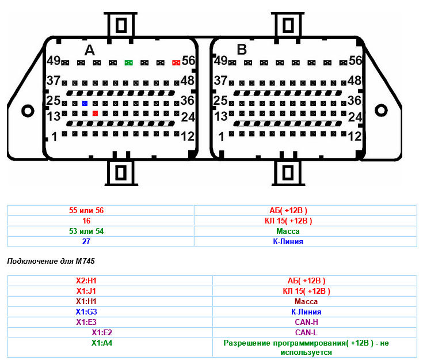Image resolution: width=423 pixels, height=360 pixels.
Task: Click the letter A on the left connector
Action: point(89,50)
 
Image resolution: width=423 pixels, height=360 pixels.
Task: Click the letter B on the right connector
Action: point(242,50)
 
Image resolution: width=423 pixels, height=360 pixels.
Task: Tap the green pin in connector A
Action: point(128,62)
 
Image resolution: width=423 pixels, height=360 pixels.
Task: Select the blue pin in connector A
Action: point(85,103)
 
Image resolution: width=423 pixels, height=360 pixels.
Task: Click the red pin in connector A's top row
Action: point(176,62)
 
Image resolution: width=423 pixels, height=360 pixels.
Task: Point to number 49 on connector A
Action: point(54,60)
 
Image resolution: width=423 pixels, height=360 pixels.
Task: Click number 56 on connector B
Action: point(355,60)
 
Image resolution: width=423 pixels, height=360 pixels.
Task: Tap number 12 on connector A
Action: point(188,137)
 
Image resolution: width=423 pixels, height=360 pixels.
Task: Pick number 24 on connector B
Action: point(355,117)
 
